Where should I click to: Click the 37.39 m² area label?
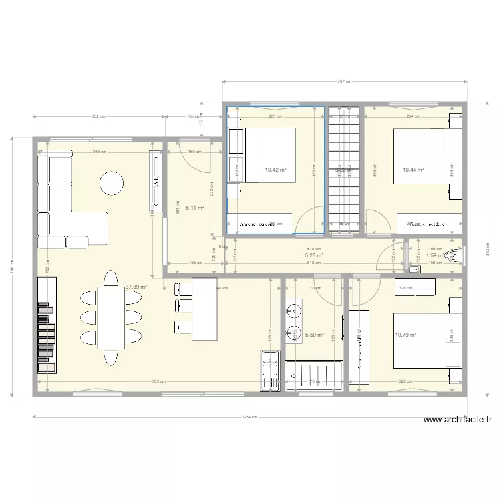click(x=136, y=287)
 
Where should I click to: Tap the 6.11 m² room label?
click(x=194, y=208)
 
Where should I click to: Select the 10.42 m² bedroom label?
click(x=275, y=170)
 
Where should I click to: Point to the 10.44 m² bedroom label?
click(x=413, y=170)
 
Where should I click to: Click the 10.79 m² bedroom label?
click(x=405, y=335)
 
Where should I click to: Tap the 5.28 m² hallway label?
click(x=314, y=255)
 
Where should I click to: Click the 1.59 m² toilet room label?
click(x=434, y=255)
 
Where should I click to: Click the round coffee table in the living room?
click(x=112, y=182)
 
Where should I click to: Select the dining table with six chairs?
click(x=111, y=317)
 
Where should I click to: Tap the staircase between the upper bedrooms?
click(x=344, y=170)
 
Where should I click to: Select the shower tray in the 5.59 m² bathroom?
click(x=314, y=375)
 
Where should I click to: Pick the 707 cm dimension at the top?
click(x=344, y=82)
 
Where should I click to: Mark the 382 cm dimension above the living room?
click(x=99, y=116)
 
